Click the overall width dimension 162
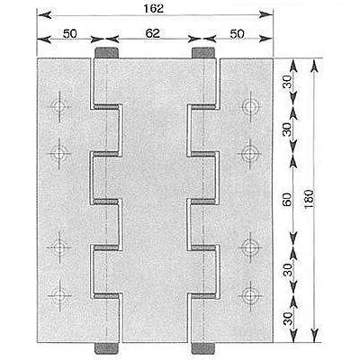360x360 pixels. tap(153, 8)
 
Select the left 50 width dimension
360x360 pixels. tap(70, 34)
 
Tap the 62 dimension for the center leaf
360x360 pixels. tap(153, 33)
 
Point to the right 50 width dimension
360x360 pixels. tap(237, 34)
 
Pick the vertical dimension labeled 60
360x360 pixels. tap(287, 200)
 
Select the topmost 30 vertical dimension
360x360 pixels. tap(287, 82)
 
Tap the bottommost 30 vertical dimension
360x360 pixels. tap(288, 319)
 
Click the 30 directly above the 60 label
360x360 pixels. tap(287, 130)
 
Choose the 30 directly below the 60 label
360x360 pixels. tap(288, 270)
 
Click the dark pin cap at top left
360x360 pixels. tap(106, 53)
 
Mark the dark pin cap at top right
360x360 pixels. tap(203, 53)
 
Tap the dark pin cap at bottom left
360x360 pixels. tap(106, 348)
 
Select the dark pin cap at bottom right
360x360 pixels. tap(203, 348)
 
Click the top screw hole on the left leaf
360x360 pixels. tap(59, 106)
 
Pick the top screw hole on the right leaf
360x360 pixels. tap(250, 106)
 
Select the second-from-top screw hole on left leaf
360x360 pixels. tap(59, 154)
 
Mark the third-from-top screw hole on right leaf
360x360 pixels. tap(250, 247)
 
